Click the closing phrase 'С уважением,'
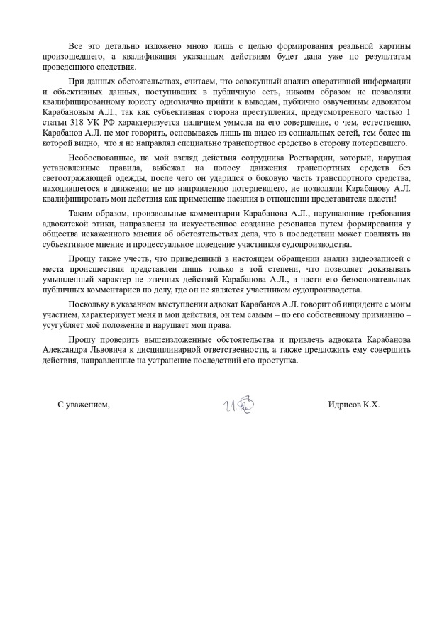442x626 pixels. (84, 405)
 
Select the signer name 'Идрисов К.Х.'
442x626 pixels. (354, 405)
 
